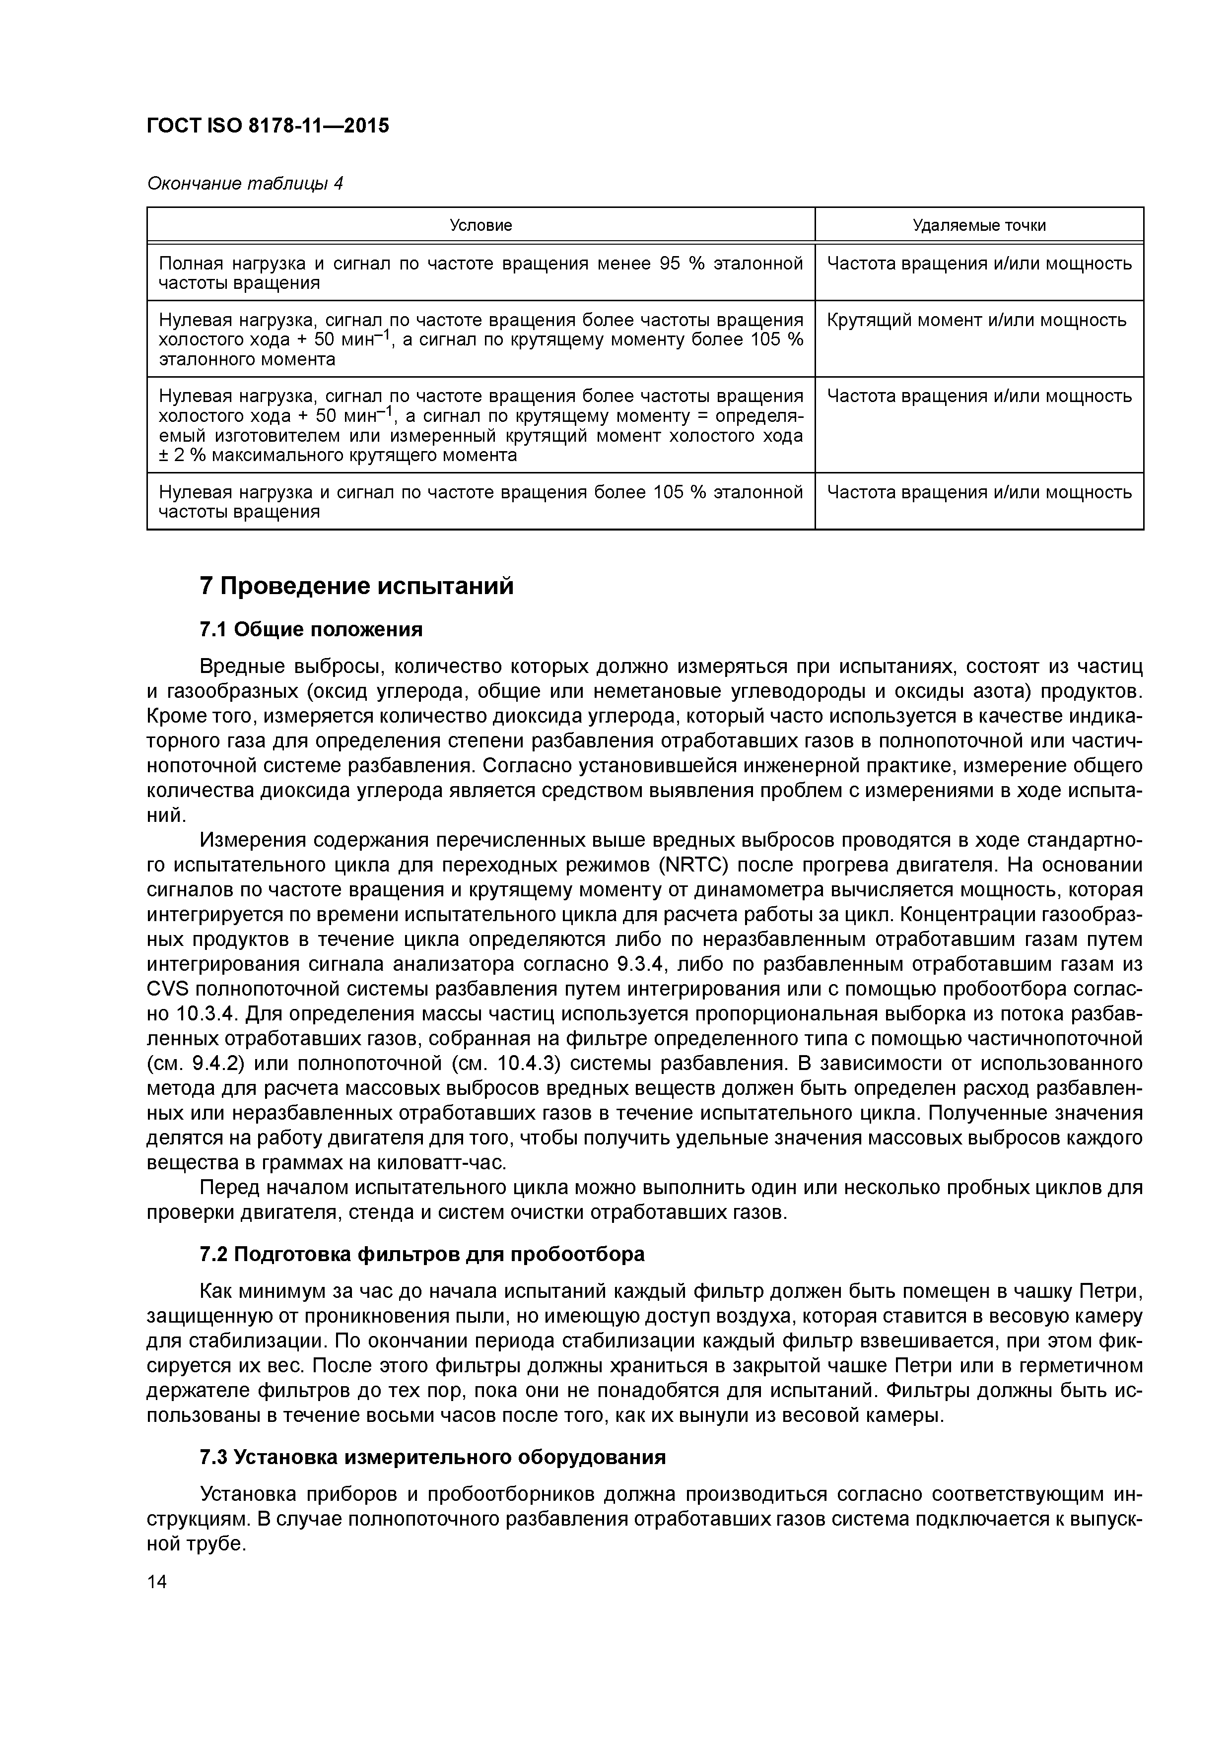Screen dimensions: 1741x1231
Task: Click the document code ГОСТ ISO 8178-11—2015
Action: point(268,126)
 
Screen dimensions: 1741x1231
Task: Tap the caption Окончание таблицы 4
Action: point(244,184)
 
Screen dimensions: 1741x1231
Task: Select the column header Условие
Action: point(481,225)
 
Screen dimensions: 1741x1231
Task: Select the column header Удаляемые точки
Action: point(978,225)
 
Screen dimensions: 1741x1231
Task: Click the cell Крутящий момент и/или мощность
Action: point(976,320)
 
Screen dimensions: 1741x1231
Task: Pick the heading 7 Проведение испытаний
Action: point(356,586)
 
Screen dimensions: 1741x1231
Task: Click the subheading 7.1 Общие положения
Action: point(311,629)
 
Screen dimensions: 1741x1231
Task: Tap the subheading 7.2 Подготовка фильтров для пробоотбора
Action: point(422,1254)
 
